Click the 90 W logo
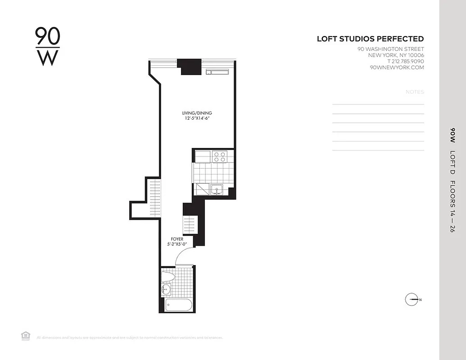[47, 46]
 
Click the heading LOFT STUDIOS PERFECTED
[370, 39]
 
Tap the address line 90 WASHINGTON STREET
[390, 49]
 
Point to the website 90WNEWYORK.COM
[396, 67]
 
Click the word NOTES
[415, 92]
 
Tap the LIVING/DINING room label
[197, 113]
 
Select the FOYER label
[176, 239]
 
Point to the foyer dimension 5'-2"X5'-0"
[176, 245]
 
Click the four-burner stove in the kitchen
[220, 156]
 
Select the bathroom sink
[166, 289]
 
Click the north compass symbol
[412, 299]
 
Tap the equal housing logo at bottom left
[26, 335]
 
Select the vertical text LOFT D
[452, 162]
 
